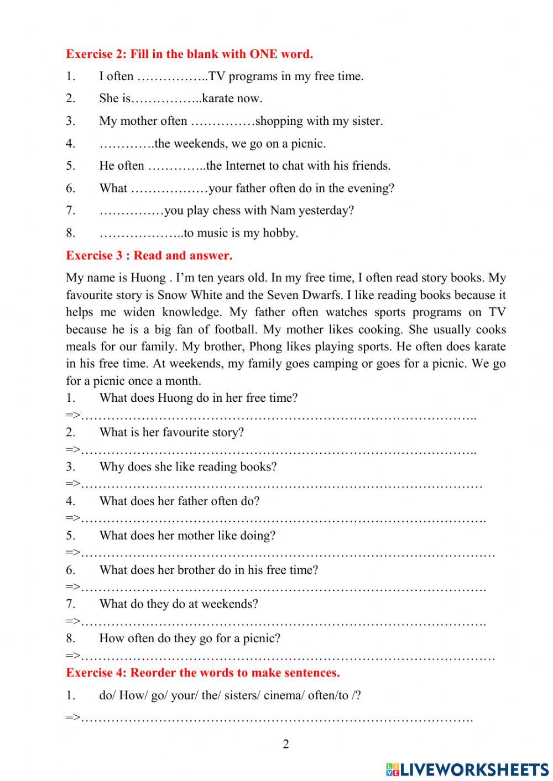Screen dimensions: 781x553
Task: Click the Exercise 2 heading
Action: pos(189,54)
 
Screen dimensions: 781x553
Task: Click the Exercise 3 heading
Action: pos(149,255)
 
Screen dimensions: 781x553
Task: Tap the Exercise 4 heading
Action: pos(202,673)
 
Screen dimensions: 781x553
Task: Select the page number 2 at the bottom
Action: pos(285,744)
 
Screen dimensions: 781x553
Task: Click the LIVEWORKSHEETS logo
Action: pos(467,769)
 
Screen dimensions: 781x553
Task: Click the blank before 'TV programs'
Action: pos(172,77)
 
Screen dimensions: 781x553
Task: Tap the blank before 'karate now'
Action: pos(166,99)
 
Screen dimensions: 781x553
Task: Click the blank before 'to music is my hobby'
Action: pos(141,233)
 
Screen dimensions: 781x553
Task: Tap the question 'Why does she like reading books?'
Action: pos(188,467)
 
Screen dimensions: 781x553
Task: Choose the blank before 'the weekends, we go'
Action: pos(127,144)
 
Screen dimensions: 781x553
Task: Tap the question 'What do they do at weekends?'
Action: pos(179,604)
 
